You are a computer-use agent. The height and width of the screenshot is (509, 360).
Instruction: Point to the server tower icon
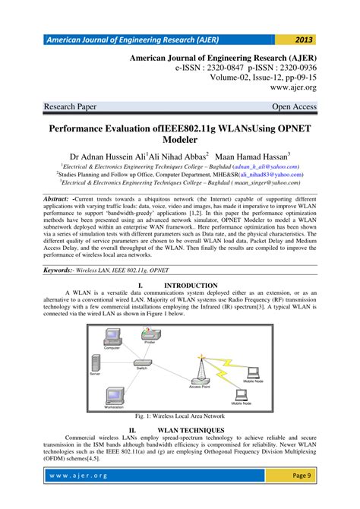click(95, 362)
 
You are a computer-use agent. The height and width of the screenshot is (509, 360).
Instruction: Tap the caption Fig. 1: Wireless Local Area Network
click(179, 416)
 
